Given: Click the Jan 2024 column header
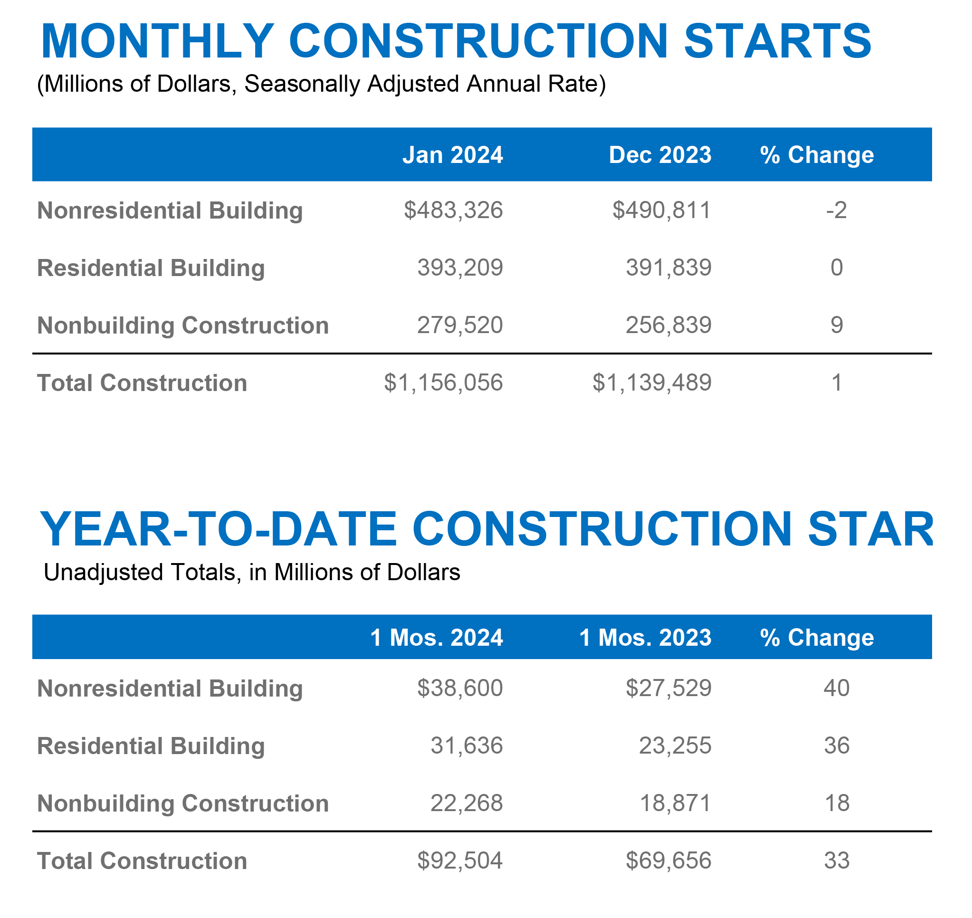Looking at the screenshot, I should (452, 155).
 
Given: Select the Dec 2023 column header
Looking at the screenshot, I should (660, 155).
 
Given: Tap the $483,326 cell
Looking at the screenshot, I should (453, 210).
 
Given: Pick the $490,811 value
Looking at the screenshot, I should (661, 210).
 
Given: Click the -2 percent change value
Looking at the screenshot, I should (836, 210).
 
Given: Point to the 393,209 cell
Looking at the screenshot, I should (460, 268).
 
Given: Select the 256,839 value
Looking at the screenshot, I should (668, 325).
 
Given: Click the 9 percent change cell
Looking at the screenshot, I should (837, 325).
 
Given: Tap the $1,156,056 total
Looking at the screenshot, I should (443, 382).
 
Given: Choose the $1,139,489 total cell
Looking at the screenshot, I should (652, 382).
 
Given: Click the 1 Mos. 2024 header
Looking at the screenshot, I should (436, 638).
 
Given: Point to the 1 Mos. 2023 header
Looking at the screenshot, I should (645, 638).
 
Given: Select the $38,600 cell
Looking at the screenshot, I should (460, 688).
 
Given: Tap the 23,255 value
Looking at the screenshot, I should (675, 746).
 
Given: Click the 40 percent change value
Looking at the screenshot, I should (837, 688).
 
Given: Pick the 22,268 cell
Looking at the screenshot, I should (466, 803).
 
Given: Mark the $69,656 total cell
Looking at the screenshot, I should (668, 861).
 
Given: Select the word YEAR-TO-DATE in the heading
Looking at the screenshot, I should (218, 529).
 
